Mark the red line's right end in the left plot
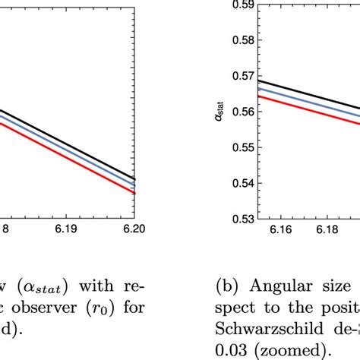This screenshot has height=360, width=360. click(134, 193)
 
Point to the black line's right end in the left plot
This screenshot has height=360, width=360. click(134, 179)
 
